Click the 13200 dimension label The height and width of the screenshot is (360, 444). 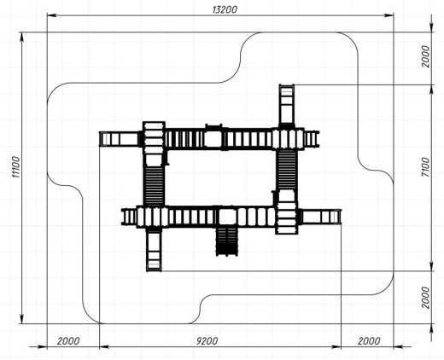225,9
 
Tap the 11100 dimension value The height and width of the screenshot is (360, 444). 16,167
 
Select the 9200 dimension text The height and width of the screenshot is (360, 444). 207,340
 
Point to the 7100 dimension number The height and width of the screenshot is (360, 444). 425,167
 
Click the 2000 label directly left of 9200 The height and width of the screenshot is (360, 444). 68,340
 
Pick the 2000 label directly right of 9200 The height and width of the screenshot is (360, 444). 369,340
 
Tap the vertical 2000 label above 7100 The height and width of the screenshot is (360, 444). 425,56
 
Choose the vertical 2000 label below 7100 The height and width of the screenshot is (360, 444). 425,298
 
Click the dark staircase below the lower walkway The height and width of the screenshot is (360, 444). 226,241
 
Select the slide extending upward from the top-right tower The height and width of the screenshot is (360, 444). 286,105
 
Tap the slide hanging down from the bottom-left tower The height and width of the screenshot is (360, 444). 154,250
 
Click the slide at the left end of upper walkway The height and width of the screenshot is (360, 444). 120,139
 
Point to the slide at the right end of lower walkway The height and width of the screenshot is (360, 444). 320,217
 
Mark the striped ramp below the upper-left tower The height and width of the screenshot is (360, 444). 154,185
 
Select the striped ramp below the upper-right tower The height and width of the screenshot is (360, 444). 287,170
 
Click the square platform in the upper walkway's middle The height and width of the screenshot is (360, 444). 213,139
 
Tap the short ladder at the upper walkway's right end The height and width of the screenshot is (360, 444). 312,139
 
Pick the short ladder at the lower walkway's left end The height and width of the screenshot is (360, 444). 130,217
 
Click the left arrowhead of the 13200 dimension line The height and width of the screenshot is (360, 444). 51,15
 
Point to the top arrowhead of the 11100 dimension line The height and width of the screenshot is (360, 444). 22,37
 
